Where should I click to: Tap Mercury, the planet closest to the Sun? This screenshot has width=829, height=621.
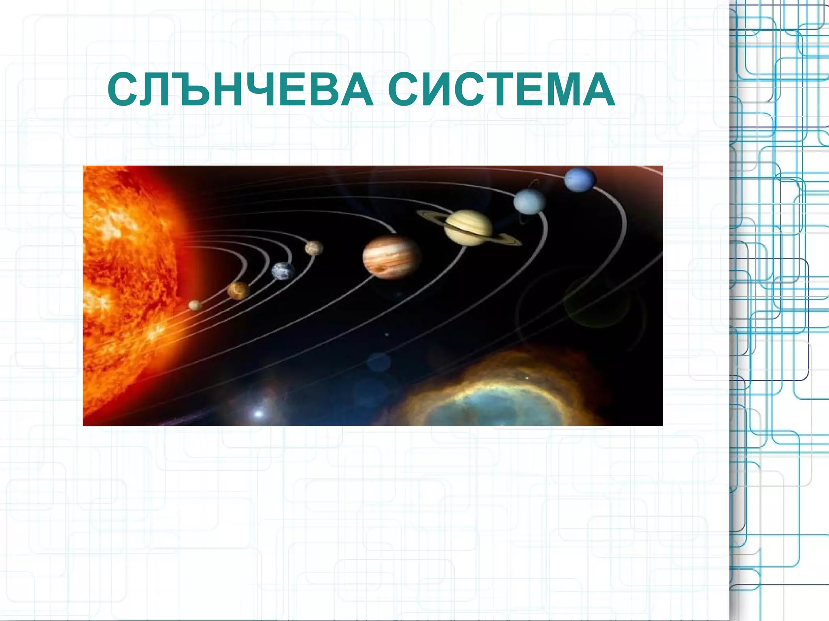(x=195, y=305)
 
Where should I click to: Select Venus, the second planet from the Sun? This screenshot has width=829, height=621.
(x=238, y=290)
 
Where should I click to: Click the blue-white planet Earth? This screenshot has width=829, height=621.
(x=283, y=271)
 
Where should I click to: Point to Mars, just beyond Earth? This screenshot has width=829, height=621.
(x=314, y=248)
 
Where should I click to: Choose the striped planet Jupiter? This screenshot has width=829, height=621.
(x=391, y=257)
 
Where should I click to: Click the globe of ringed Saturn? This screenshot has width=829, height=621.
(x=468, y=227)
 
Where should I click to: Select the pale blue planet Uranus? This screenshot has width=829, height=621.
(x=529, y=201)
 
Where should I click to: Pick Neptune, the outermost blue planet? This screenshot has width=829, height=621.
(x=580, y=179)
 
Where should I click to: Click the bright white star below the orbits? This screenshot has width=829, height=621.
(x=258, y=413)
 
